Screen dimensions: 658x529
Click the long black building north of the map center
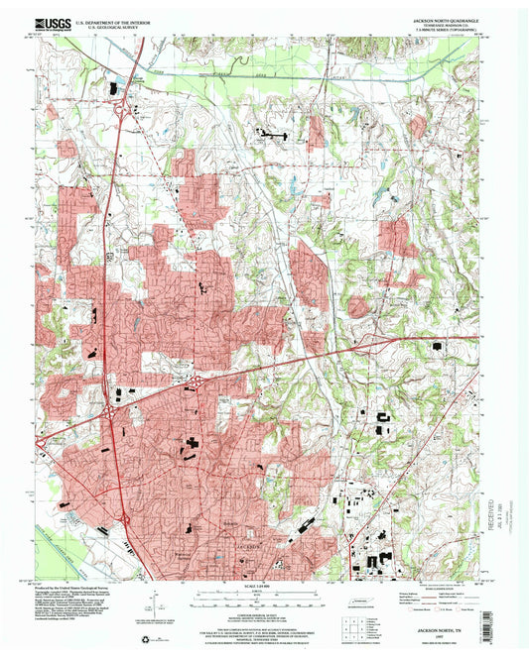coord(271,131)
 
